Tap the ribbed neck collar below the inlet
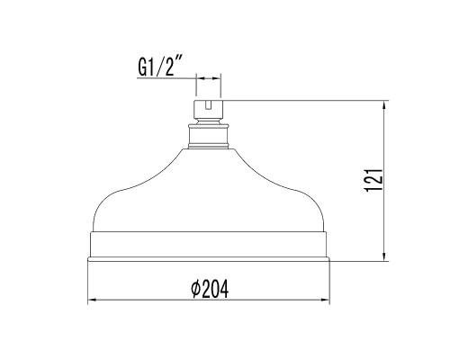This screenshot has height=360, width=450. point(209,137)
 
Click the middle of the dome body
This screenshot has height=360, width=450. point(209,198)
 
